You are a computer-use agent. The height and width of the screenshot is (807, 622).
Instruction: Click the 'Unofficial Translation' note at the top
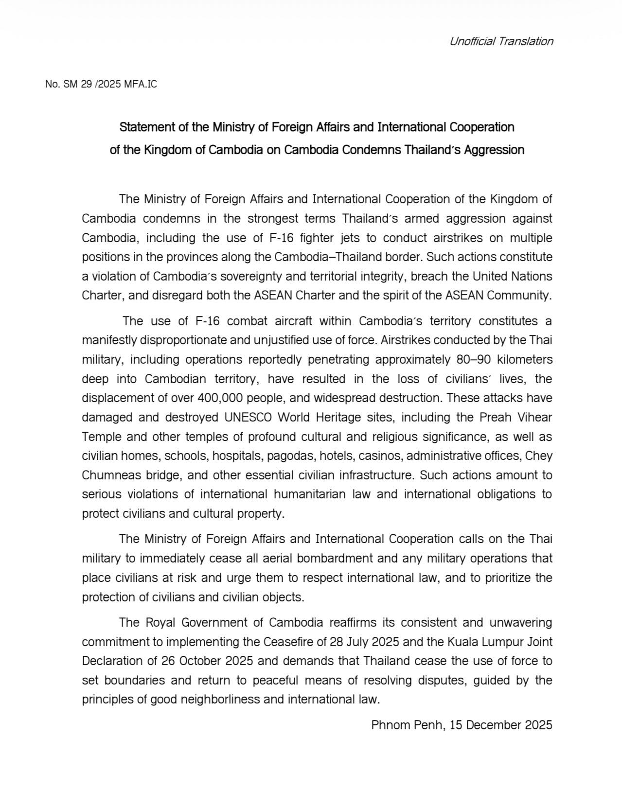(501, 41)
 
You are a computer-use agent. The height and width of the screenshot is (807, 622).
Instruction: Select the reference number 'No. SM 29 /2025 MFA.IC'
(101, 85)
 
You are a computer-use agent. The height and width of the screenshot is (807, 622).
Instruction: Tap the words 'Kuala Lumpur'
(476, 642)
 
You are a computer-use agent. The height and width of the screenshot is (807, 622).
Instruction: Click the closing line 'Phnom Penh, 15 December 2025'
(462, 725)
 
